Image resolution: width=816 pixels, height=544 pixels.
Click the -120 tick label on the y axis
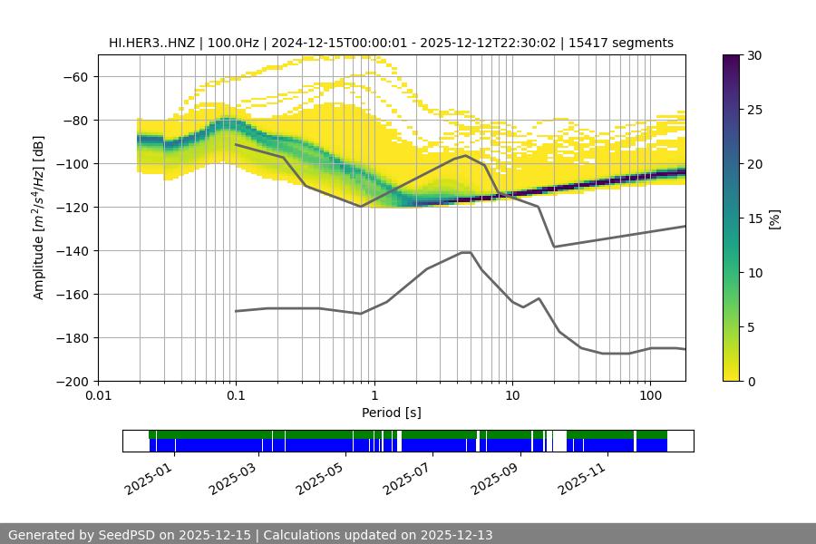(x=76, y=207)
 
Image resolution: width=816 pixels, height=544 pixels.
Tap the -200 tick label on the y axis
(x=76, y=381)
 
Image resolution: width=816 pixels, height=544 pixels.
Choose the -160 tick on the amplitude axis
(x=76, y=294)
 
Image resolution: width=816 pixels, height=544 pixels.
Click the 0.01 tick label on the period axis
(x=98, y=396)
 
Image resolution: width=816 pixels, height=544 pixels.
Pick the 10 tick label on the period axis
(x=511, y=396)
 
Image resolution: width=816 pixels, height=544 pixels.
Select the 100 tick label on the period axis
(x=649, y=396)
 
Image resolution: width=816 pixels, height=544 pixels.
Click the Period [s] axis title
(x=391, y=413)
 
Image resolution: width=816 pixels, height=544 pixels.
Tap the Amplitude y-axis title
(x=39, y=218)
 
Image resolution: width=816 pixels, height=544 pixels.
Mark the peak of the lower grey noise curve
(x=466, y=252)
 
